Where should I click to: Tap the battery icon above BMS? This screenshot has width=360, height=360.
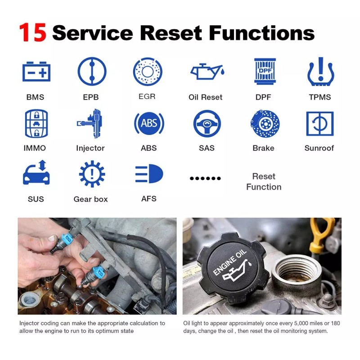[x=36, y=72]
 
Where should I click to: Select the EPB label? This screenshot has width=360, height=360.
[x=91, y=97]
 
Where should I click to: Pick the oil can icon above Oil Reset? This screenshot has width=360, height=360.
[x=206, y=72]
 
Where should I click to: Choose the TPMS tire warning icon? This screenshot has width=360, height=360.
[x=320, y=72]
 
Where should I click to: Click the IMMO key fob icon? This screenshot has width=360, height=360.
[x=36, y=123]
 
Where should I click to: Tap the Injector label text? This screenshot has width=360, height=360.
[x=90, y=148]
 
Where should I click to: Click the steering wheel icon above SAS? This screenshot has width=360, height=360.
[x=207, y=123]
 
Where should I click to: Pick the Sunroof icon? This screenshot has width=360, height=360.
[x=319, y=123]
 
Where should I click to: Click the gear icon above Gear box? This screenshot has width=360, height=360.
[x=92, y=174]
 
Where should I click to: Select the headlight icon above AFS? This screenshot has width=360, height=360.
[x=149, y=174]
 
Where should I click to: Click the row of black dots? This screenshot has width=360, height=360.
[x=206, y=179]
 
